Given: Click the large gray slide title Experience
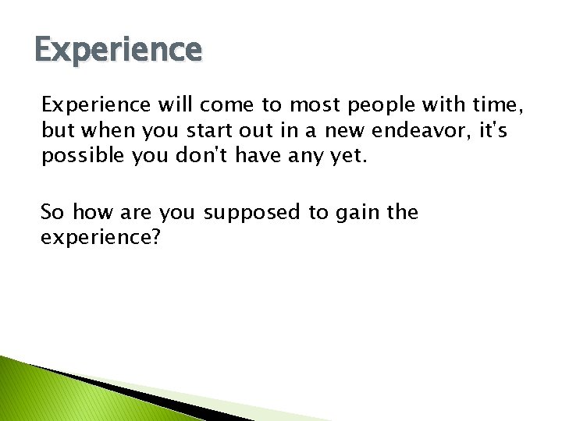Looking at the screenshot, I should click(x=118, y=50).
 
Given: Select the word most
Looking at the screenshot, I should click(x=313, y=104).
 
